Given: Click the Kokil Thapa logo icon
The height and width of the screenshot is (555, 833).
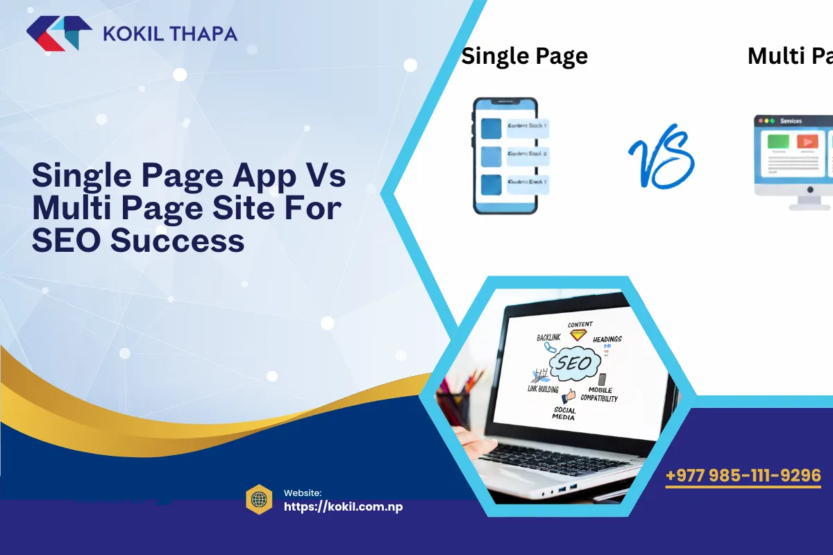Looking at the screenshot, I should click(x=59, y=33).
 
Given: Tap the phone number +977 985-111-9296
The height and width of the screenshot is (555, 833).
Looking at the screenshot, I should click(x=743, y=476).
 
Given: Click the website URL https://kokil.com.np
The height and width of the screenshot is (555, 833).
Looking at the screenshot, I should click(x=344, y=506).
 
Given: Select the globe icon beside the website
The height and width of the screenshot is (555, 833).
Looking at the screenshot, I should click(x=259, y=499).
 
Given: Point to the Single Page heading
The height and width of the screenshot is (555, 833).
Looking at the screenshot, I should click(x=524, y=56).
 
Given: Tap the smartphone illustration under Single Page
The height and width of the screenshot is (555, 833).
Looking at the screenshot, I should click(x=505, y=155).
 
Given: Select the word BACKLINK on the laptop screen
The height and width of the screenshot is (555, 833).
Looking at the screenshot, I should click(x=548, y=338).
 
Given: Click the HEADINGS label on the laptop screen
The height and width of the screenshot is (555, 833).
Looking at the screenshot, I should click(x=607, y=339).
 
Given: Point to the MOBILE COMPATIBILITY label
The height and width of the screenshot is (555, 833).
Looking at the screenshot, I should click(x=598, y=394).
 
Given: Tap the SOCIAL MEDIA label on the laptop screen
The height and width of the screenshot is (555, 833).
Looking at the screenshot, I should click(x=564, y=414).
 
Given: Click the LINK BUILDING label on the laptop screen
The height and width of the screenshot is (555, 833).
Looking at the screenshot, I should click(x=543, y=389).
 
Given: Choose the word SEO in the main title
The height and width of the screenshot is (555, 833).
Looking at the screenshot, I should click(x=67, y=241).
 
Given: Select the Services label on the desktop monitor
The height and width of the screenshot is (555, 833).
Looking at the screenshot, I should click(x=791, y=121).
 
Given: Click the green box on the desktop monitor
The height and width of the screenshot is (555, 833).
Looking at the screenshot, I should click(x=777, y=142).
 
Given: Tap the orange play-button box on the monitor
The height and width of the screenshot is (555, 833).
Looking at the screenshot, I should click(x=807, y=142).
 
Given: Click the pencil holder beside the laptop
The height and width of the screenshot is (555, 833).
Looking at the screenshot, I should click(x=455, y=402).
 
